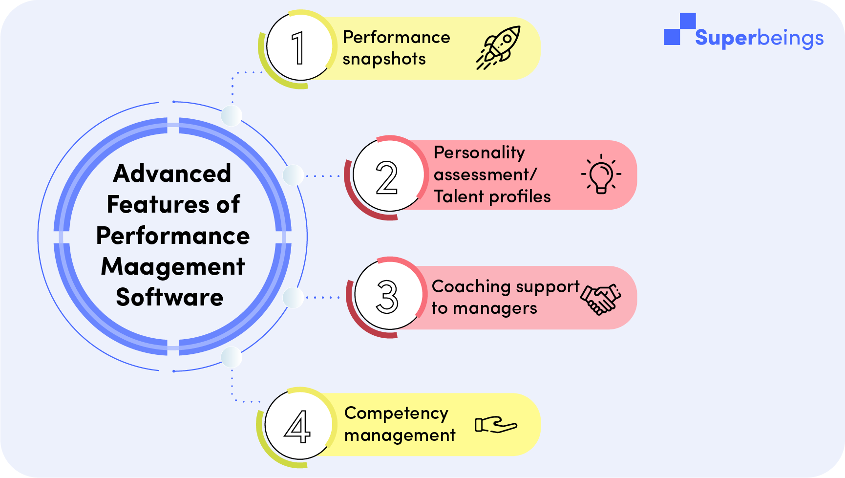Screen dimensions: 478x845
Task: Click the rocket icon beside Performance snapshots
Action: click(499, 47)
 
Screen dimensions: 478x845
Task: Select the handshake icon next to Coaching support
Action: click(601, 299)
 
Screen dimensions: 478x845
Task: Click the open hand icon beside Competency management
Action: click(496, 424)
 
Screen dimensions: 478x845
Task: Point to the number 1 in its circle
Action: click(298, 48)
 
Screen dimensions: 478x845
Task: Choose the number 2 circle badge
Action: click(387, 177)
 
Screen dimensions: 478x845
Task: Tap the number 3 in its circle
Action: click(387, 297)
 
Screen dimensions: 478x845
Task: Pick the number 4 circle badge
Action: click(297, 426)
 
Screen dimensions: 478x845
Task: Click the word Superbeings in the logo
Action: click(759, 38)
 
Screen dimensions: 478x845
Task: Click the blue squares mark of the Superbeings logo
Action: click(679, 29)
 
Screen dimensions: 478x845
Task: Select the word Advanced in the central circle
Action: click(172, 174)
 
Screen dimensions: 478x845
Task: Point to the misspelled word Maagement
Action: click(173, 267)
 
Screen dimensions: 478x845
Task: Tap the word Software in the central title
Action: click(170, 297)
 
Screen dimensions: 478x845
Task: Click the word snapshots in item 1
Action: click(384, 59)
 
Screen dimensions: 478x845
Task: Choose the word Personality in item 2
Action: click(479, 153)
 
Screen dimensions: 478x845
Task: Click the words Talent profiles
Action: click(492, 196)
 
